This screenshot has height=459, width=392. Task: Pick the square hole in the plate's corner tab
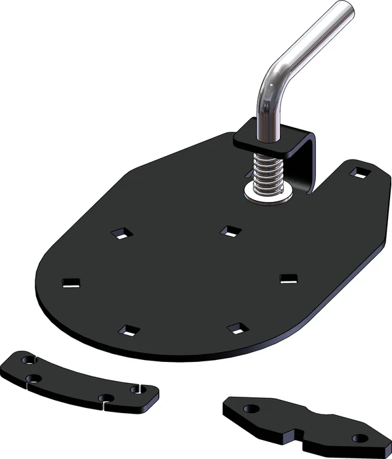pyautogui.click(x=360, y=172)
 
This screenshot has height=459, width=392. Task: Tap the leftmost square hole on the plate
pyautogui.click(x=71, y=283)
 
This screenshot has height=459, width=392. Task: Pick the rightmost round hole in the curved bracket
pyautogui.click(x=137, y=389)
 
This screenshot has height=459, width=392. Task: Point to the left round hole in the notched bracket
pyautogui.click(x=249, y=409)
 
